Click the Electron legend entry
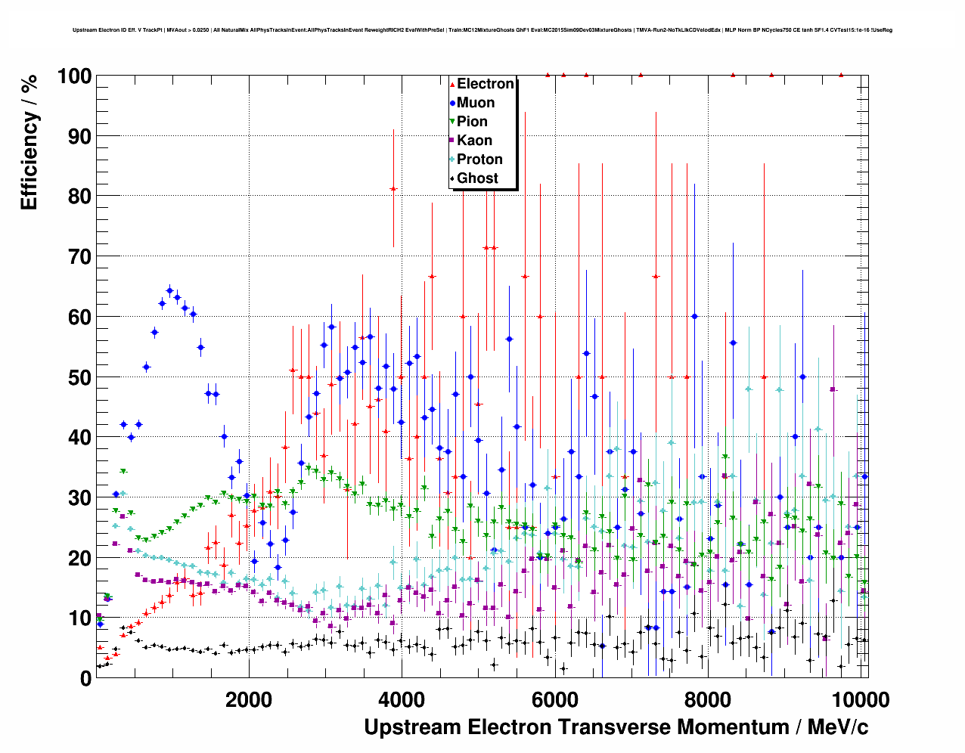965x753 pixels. point(485,84)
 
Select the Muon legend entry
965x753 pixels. point(476,103)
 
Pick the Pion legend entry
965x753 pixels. point(472,122)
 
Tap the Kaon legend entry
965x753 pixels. point(474,141)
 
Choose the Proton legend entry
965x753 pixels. point(479,160)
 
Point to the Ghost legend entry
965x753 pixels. point(477,178)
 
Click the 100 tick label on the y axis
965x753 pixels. point(74,76)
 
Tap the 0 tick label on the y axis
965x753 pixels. point(85,678)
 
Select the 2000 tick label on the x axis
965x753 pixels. point(248,700)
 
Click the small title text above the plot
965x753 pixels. point(482,30)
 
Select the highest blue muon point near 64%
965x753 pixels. point(169,290)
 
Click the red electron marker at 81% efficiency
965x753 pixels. point(393,188)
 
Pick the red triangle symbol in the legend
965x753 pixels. point(452,84)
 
